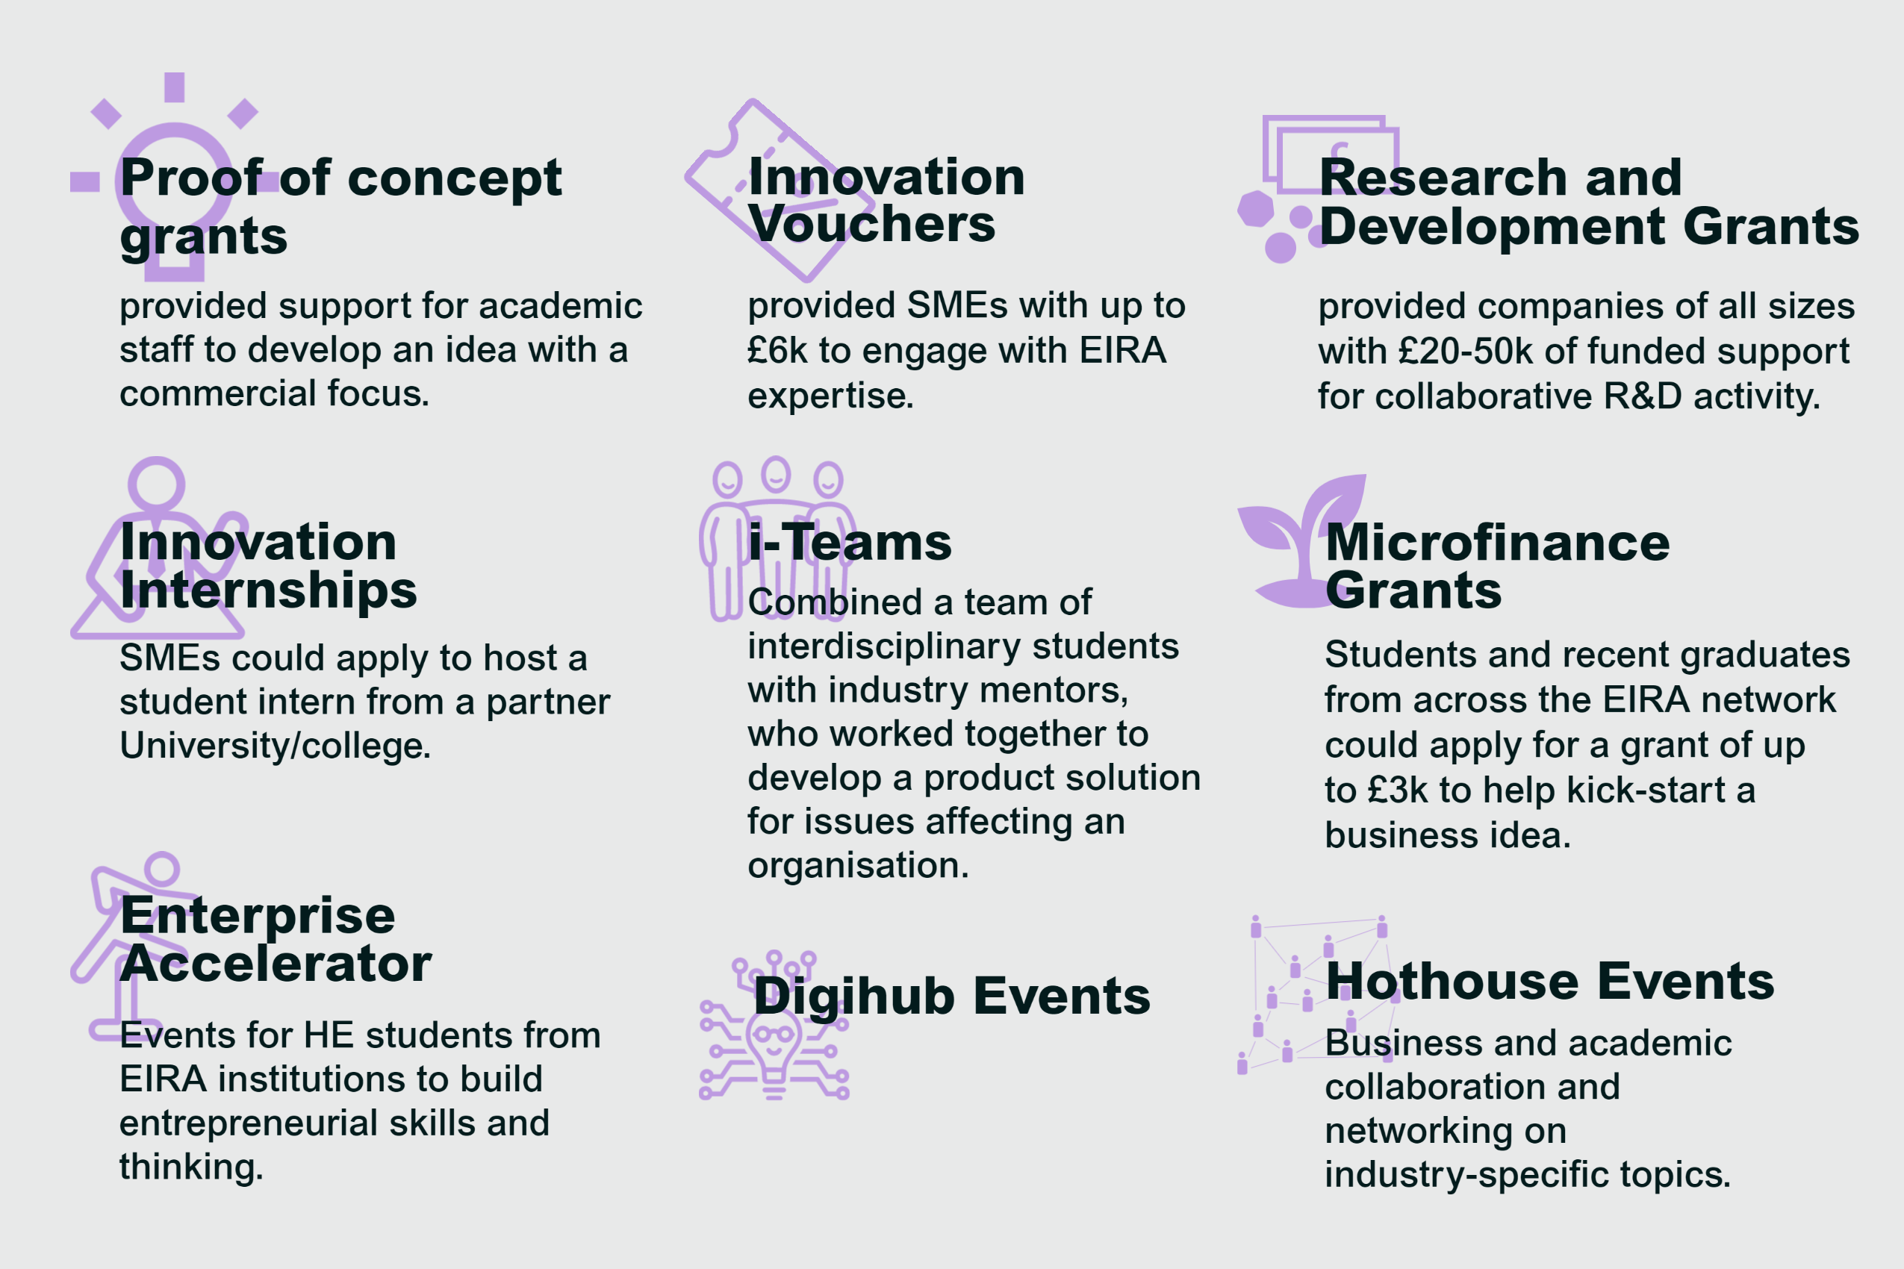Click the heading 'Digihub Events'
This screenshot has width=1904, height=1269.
click(951, 997)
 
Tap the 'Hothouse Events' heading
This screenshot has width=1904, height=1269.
click(1549, 981)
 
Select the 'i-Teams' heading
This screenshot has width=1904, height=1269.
click(850, 542)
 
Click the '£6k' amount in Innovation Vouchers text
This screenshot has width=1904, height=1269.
click(777, 350)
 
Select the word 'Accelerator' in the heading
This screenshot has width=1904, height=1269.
click(276, 963)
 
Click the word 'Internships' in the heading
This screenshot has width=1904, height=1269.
click(268, 589)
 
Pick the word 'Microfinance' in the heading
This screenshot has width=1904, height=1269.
click(1498, 542)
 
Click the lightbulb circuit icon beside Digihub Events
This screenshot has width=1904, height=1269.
click(774, 1026)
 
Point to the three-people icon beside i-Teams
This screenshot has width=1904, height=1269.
click(777, 538)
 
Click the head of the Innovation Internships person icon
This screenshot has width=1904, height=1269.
click(156, 484)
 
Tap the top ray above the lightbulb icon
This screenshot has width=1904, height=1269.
click(174, 87)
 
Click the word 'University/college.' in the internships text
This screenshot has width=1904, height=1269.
click(276, 746)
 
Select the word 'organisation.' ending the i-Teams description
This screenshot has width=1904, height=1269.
click(858, 866)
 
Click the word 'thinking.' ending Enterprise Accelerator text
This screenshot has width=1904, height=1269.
click(192, 1167)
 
